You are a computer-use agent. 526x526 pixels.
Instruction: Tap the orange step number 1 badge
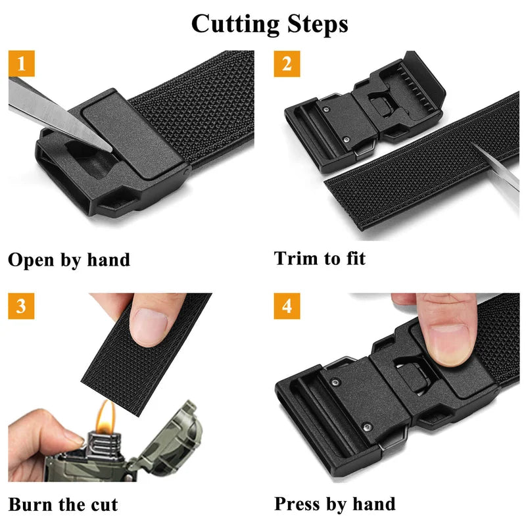tap(21, 64)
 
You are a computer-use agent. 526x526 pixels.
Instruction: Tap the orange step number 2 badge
tap(287, 64)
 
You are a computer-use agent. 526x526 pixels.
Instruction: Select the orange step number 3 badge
tap(21, 306)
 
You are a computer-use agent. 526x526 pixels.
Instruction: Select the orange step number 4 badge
tap(287, 306)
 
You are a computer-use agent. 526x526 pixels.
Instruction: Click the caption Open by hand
tap(69, 259)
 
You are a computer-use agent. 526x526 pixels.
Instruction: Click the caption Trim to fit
tap(320, 258)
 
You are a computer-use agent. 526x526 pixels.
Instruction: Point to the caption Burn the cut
tap(63, 504)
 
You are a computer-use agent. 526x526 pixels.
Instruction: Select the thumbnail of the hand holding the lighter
tap(71, 442)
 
